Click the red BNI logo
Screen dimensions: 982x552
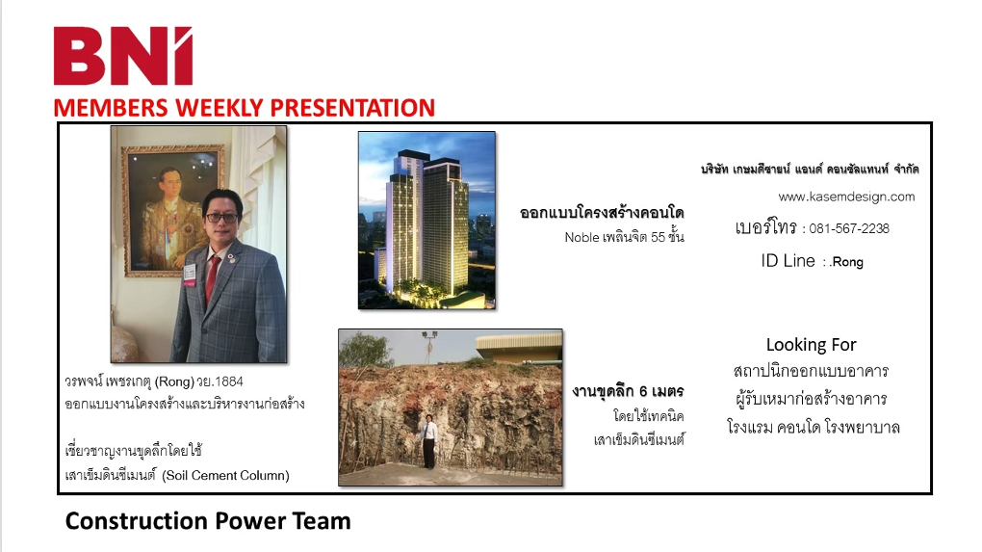pos(123,56)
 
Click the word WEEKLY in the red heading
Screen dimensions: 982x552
pos(219,108)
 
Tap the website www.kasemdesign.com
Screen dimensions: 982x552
pos(846,197)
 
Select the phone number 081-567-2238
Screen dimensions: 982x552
pos(848,228)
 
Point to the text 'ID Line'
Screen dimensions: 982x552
pos(788,261)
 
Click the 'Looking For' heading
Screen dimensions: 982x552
pos(811,345)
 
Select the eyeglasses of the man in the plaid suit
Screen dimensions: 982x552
pos(221,218)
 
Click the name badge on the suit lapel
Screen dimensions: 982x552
pos(189,274)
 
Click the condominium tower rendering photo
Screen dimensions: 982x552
pos(426,220)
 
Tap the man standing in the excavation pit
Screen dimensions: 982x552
pos(429,441)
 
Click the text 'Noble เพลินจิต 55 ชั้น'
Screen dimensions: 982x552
pos(625,238)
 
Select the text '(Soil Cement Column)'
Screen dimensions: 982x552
pos(225,476)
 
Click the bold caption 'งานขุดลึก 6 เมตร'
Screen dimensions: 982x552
pos(628,391)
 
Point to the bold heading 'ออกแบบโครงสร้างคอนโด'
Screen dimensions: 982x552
pos(602,213)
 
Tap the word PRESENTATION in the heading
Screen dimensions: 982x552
pos(352,108)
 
